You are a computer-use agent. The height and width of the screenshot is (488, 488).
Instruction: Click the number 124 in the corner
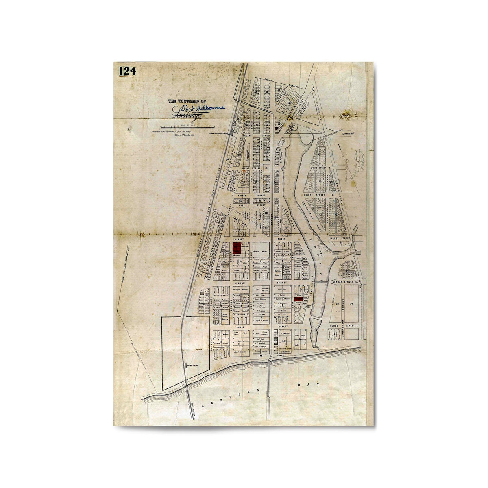pyautogui.click(x=127, y=71)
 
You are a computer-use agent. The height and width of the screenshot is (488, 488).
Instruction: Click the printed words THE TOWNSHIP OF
pyautogui.click(x=187, y=102)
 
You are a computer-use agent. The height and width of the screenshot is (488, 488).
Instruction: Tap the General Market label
pyautogui.click(x=262, y=253)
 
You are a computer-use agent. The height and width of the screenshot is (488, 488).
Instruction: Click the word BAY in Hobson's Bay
pyautogui.click(x=313, y=385)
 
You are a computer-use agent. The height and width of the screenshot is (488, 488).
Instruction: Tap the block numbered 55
pyautogui.click(x=337, y=303)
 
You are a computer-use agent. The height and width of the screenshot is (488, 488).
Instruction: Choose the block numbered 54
pyautogui.click(x=352, y=303)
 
